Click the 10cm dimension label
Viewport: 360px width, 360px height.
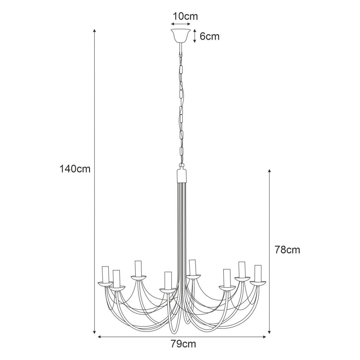click(185, 16)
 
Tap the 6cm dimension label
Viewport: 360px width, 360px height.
click(209, 36)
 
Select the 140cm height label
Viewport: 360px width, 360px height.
click(75, 169)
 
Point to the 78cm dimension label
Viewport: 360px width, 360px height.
click(287, 250)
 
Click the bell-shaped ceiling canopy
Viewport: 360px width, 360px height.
click(181, 35)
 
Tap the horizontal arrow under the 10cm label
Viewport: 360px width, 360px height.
click(181, 24)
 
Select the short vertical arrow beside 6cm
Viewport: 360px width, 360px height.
click(195, 36)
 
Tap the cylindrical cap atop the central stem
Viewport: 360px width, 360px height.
click(182, 176)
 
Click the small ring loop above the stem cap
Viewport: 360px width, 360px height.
click(181, 165)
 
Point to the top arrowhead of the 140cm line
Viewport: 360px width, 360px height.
click(94, 31)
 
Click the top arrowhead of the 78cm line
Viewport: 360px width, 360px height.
click(269, 171)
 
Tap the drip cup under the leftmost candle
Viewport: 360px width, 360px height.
click(106, 284)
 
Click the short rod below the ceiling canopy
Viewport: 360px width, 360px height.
click(181, 48)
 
